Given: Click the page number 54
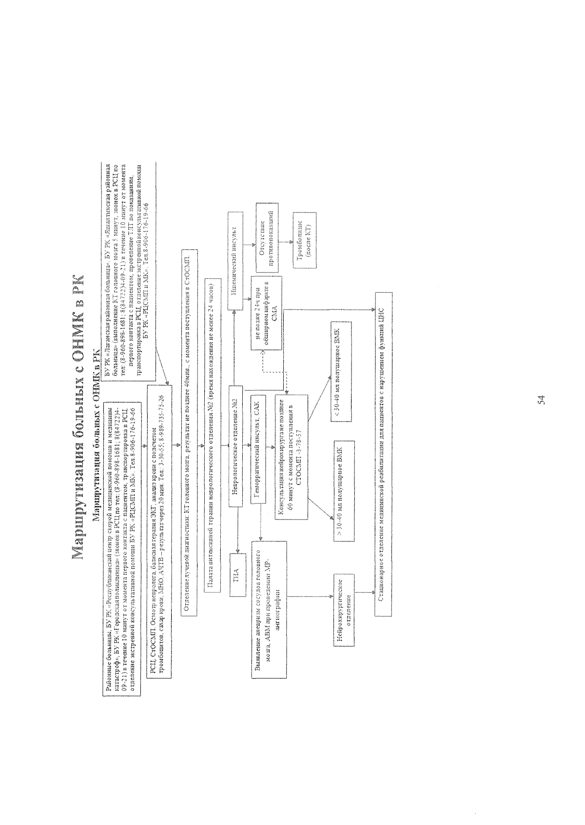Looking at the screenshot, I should (541, 401).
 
